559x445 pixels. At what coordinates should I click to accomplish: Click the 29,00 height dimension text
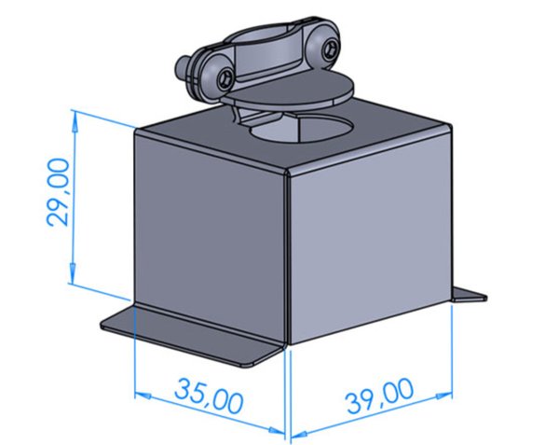tap(58, 192)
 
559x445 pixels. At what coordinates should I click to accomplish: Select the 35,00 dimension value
tap(209, 396)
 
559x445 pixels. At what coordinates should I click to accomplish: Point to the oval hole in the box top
tap(302, 129)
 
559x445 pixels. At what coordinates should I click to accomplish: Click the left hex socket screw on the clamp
tap(226, 77)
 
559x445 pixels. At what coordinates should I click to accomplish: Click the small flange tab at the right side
tap(470, 296)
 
